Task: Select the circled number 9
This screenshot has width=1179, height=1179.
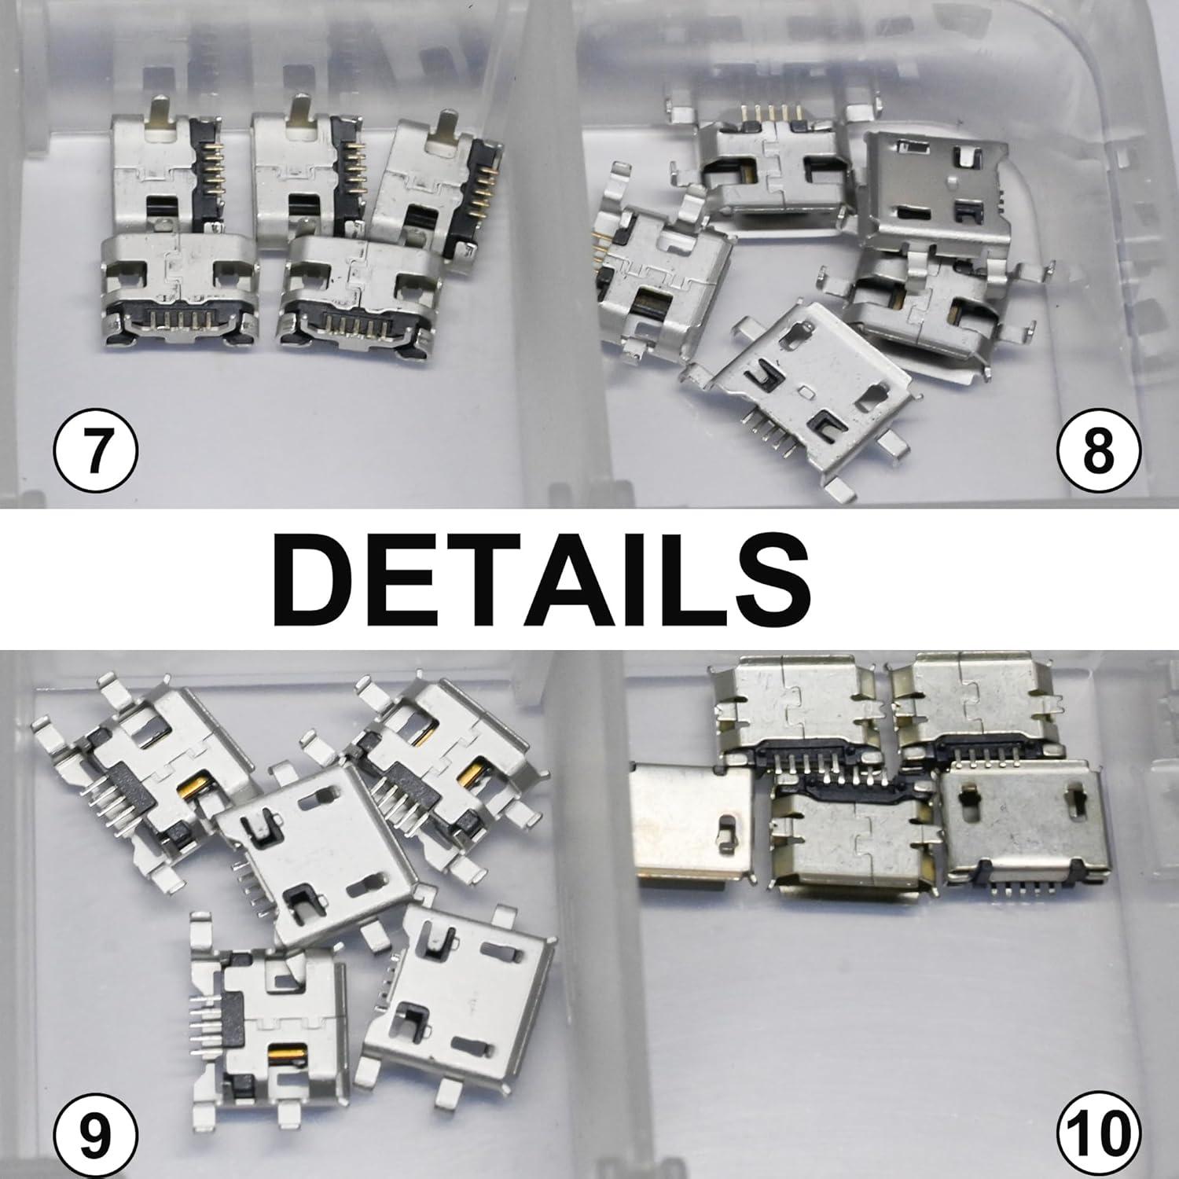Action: (95, 1133)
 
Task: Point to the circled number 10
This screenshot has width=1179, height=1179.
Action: (1098, 1133)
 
